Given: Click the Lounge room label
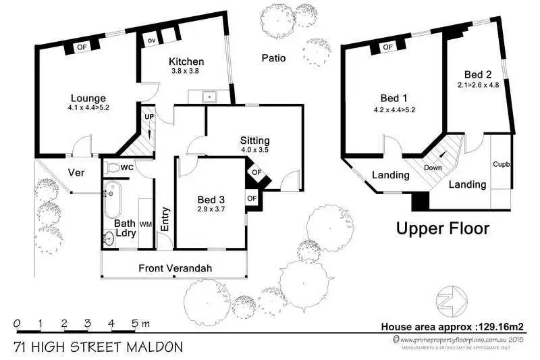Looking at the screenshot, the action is (88, 98).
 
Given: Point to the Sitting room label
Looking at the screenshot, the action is (254, 140).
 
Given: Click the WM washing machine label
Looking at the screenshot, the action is (145, 224).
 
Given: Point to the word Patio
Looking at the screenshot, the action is (273, 58).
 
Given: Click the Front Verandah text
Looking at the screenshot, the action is (175, 269).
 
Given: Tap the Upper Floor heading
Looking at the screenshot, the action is (442, 228).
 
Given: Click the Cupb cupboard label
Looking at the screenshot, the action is (500, 164).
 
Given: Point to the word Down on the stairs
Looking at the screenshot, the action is (433, 168).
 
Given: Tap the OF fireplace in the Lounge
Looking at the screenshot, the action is (82, 47).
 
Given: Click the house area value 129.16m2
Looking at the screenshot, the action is (500, 326).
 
